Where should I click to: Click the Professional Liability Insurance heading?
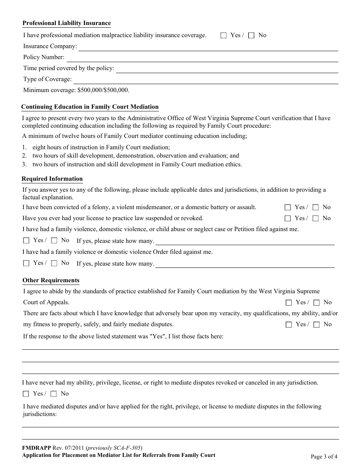coord(67,23)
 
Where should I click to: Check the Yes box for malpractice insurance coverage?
coord(224,36)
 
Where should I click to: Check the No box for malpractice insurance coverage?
coord(251,36)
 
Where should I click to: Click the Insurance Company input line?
coord(208,47)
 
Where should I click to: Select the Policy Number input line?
coord(202,58)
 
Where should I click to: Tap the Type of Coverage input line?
coord(205,80)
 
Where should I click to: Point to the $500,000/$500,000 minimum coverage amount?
coord(103,90)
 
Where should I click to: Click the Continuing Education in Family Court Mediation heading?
coord(90,107)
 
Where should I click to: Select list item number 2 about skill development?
coord(135,156)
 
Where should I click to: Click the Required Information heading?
coord(52,179)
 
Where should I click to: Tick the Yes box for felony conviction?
coord(288,208)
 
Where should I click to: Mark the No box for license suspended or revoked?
coord(315,219)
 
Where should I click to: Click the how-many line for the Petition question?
coord(245,242)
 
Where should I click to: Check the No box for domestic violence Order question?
coord(54,263)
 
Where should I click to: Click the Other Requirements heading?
coord(51,280)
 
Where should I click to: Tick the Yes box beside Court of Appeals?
coord(289,303)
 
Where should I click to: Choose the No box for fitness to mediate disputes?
coord(316,325)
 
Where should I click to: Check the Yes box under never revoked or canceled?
coord(26,394)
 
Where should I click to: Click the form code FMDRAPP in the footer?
coord(36,448)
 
